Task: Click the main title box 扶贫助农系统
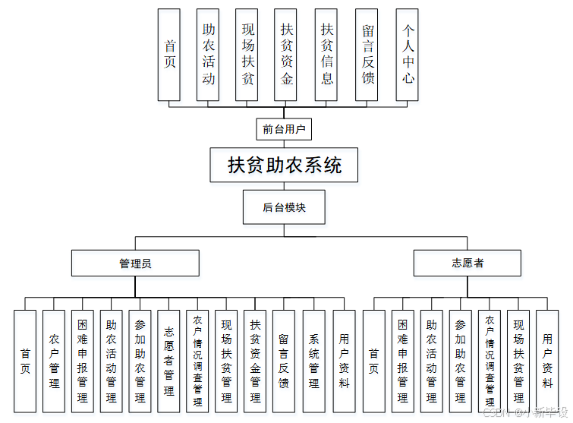coord(285,165)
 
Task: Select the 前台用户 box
coord(285,130)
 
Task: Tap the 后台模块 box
coord(285,207)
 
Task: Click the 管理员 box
coord(135,263)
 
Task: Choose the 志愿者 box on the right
coord(467,263)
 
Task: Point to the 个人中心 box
coord(408,55)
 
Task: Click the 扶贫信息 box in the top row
coord(327,55)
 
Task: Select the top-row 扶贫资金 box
coord(286,55)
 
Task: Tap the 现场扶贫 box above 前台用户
coord(247,55)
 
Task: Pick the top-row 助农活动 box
coord(208,55)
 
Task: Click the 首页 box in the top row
coord(169,55)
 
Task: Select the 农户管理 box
coord(54,361)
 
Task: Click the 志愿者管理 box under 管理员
coord(169,361)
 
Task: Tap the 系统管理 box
coord(313,361)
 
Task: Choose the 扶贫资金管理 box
coord(255,361)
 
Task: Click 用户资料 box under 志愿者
coord(547,361)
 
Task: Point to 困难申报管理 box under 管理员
coord(83,361)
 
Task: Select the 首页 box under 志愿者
coord(373,361)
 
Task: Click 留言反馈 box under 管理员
coord(284,361)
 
